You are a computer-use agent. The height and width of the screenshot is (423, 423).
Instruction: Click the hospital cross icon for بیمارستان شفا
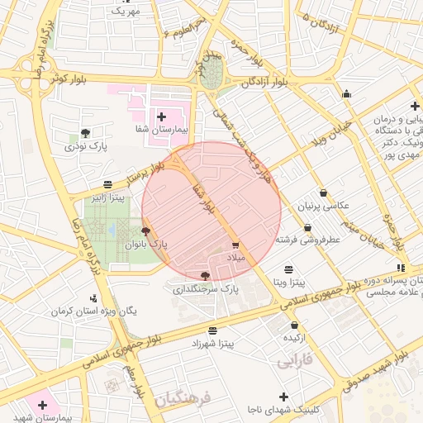[x=161, y=117]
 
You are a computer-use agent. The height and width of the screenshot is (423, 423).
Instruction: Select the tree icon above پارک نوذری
[x=86, y=132]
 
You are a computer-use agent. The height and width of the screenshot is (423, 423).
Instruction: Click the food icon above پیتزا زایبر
[x=108, y=184]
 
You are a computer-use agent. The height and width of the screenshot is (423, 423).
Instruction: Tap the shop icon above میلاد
[x=235, y=245]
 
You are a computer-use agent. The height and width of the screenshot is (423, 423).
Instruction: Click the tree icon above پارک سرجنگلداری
[x=205, y=275]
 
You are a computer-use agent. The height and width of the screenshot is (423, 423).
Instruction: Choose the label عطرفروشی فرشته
[x=308, y=240]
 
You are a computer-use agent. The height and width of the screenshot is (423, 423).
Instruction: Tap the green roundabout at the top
[x=212, y=73]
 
